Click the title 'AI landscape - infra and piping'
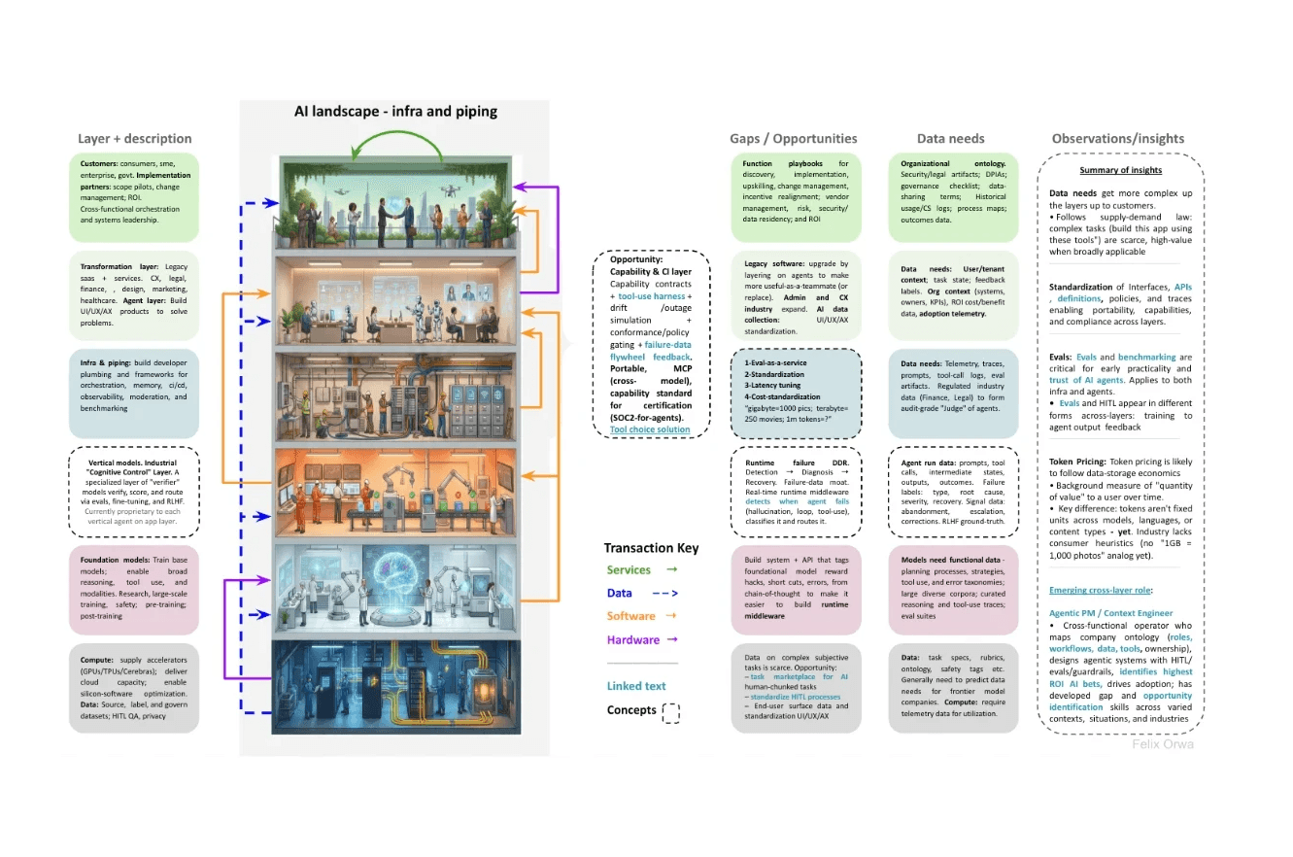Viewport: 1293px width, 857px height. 395,111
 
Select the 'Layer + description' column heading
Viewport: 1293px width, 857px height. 134,138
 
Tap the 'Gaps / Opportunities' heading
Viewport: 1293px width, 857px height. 794,138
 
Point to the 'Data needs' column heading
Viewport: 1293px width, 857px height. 950,138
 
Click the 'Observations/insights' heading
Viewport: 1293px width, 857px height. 1118,138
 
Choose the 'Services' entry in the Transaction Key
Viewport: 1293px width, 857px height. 629,569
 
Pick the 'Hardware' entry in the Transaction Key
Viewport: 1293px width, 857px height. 633,639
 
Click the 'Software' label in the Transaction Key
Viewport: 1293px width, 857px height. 631,616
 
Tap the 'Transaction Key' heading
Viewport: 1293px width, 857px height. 651,548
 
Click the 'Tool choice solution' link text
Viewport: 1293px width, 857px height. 650,429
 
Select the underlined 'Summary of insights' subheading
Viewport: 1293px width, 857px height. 1120,170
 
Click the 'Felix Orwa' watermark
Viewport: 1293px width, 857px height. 1163,744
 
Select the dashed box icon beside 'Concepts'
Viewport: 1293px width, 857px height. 670,712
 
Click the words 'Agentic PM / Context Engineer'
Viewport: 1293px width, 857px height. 1110,613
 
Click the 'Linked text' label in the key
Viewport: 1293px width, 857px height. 637,686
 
